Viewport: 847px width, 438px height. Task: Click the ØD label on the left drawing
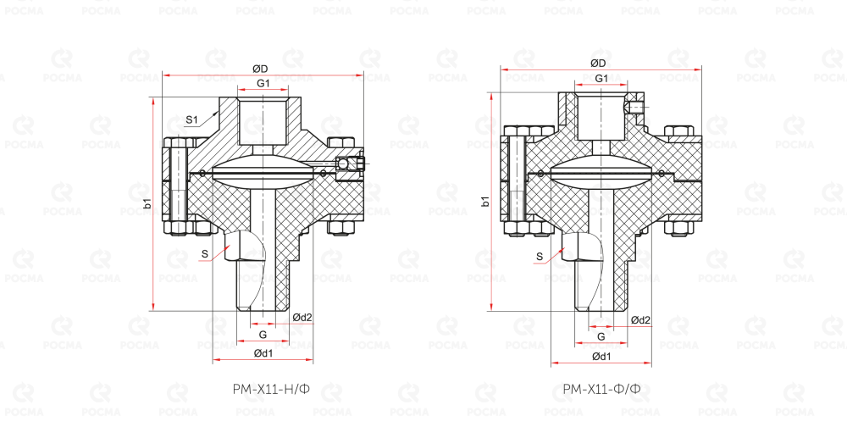click(x=260, y=69)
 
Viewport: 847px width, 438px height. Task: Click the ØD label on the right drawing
click(x=598, y=64)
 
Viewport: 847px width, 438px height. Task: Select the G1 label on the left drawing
click(x=263, y=83)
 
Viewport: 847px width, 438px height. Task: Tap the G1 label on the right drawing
click(x=601, y=78)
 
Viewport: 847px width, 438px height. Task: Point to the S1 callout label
click(x=191, y=119)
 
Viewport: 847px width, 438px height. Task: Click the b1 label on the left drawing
click(x=147, y=204)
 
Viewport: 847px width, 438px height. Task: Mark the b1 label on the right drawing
click(x=485, y=202)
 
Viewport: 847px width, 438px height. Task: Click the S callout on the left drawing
click(x=204, y=252)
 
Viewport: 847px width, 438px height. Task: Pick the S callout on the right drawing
click(x=540, y=256)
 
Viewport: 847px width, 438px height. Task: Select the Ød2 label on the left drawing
click(x=302, y=317)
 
